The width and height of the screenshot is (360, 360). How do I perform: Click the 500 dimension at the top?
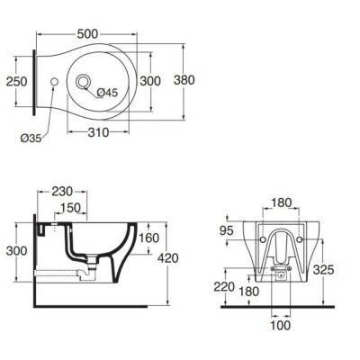[87, 34]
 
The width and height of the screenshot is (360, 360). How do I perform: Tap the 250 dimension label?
[17, 81]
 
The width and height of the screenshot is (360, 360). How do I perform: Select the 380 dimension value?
[184, 80]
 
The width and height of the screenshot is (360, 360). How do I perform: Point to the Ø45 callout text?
[107, 93]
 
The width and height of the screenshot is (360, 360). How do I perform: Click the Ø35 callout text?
[31, 139]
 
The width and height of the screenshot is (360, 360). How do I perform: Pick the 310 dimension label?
[98, 132]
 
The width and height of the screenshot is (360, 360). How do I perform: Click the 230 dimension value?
[62, 192]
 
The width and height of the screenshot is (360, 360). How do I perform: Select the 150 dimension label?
[71, 208]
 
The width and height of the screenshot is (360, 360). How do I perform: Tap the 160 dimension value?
[148, 238]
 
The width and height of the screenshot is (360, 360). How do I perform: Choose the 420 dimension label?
[168, 258]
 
